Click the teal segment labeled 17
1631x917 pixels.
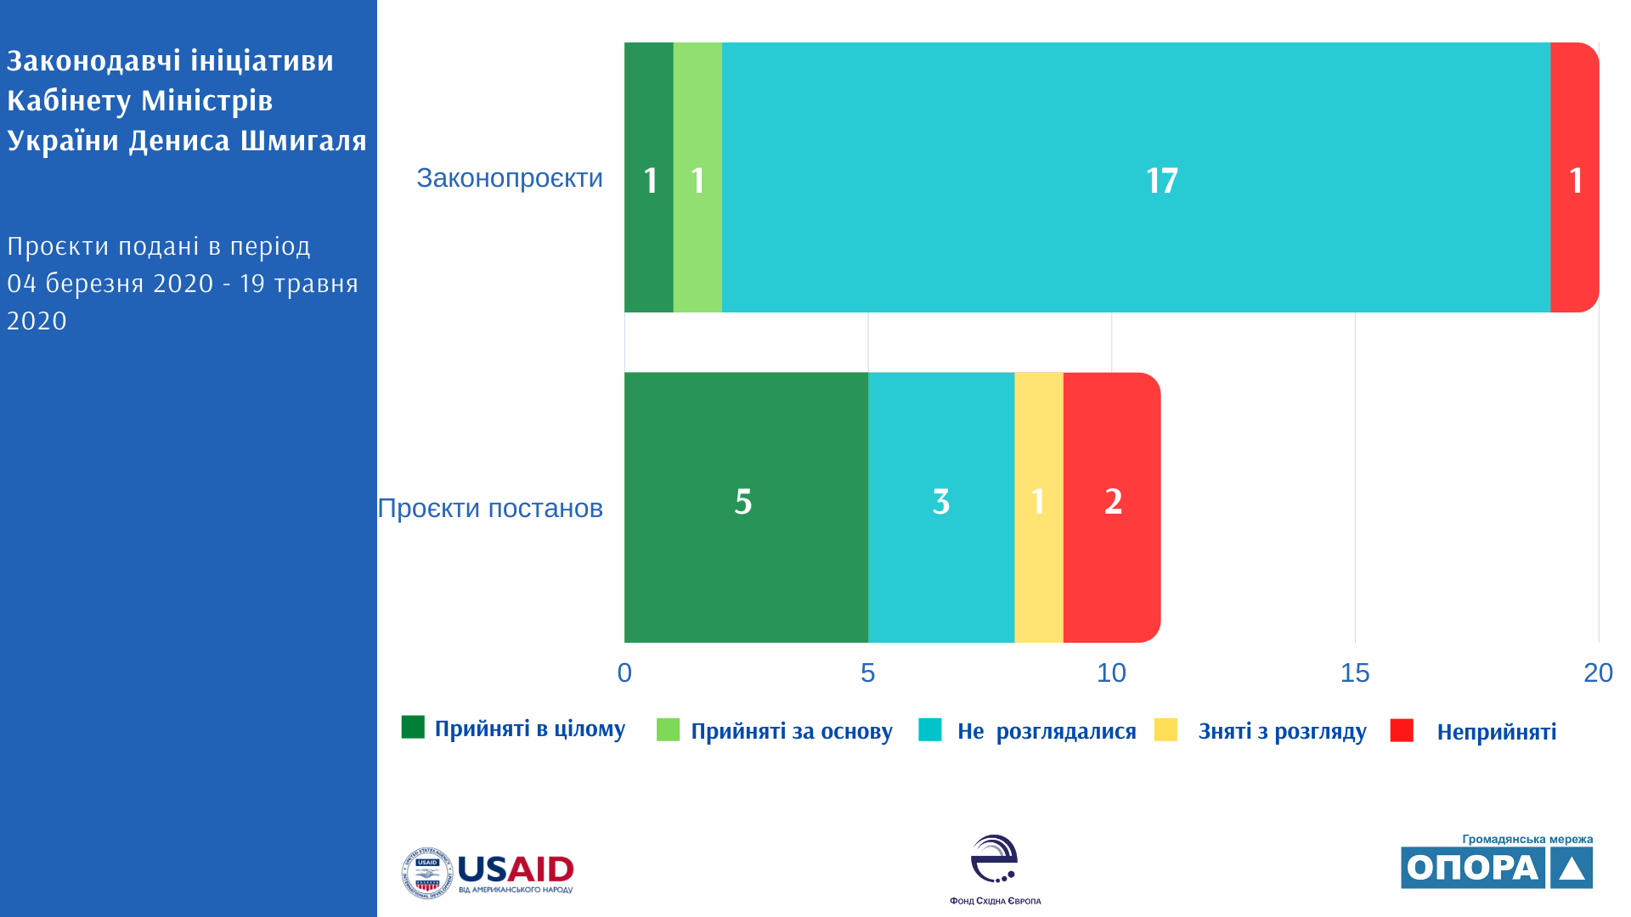tap(1136, 177)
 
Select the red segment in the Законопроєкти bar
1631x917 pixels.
tap(1574, 177)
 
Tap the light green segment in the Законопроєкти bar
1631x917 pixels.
tap(697, 177)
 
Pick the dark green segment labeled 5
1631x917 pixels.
tap(746, 507)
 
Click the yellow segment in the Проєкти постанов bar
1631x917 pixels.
tap(1038, 507)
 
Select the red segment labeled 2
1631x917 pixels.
tap(1111, 507)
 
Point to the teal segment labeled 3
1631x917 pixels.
tap(941, 507)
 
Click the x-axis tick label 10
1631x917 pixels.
tap(1111, 672)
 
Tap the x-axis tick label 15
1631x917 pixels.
tap(1355, 672)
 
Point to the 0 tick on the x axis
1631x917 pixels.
tap(624, 672)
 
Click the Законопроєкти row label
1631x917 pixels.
tap(510, 178)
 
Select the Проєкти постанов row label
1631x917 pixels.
tap(490, 508)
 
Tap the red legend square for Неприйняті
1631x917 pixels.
tap(1402, 730)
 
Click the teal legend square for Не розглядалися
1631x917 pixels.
tap(930, 730)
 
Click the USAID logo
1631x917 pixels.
tap(488, 872)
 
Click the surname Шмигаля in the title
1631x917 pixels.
tap(303, 140)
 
